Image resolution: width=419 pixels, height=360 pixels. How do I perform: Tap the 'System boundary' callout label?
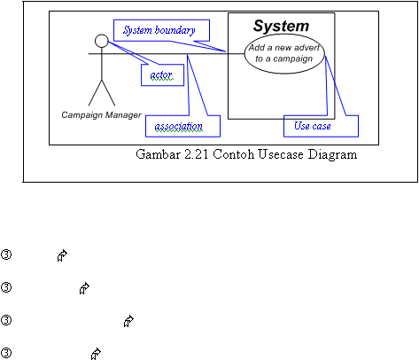(159, 30)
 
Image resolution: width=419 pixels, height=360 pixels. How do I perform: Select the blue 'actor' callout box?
(162, 75)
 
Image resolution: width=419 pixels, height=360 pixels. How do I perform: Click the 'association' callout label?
(179, 127)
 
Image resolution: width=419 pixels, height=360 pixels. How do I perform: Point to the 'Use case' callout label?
(313, 126)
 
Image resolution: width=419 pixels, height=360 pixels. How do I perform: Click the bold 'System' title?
(281, 26)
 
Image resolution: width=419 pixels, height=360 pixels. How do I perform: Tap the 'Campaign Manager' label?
(101, 115)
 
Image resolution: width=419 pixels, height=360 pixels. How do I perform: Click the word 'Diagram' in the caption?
(332, 154)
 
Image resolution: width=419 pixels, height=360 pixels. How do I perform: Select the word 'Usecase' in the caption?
(280, 154)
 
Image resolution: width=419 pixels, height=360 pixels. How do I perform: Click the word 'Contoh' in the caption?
(233, 154)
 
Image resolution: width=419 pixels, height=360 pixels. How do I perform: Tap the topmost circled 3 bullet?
(6, 254)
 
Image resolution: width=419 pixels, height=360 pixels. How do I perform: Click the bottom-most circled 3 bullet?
(6, 353)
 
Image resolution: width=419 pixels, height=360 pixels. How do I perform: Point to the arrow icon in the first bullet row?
(62, 255)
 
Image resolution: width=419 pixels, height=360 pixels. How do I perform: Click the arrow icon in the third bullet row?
(128, 321)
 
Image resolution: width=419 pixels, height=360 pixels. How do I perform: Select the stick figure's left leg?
(95, 93)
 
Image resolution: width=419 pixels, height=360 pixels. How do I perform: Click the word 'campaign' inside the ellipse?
(292, 59)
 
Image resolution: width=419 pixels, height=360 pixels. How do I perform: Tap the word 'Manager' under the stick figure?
(123, 115)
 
